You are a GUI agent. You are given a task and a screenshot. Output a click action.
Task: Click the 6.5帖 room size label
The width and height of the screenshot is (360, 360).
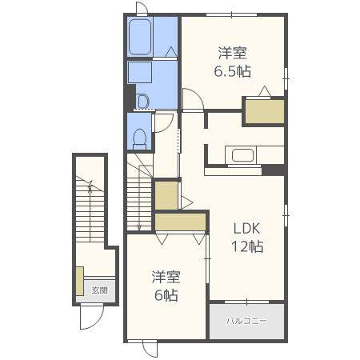click(x=233, y=71)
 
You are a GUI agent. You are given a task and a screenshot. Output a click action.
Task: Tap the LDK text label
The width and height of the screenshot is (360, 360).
click(x=246, y=228)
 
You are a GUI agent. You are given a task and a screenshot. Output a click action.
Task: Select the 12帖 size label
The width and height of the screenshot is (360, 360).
click(x=247, y=246)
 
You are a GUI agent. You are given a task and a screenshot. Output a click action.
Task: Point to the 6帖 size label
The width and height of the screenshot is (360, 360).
click(x=166, y=295)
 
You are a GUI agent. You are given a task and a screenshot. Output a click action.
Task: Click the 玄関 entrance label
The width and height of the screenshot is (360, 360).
click(x=99, y=290)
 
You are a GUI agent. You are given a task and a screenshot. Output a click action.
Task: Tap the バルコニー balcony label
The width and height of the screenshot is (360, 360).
click(x=246, y=321)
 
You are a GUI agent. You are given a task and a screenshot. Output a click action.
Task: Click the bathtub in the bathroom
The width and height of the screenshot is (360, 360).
click(x=140, y=37)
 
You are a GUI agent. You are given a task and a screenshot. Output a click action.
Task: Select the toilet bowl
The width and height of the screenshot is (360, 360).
click(x=139, y=139)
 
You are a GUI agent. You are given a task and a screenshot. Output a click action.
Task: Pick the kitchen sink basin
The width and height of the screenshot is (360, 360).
click(x=242, y=155)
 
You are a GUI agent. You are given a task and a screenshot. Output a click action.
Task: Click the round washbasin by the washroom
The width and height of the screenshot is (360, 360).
click(x=142, y=102)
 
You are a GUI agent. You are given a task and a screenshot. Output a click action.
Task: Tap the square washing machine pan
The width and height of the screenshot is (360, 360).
click(x=140, y=72)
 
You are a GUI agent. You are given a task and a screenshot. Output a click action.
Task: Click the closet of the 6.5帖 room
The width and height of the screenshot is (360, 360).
click(x=265, y=111)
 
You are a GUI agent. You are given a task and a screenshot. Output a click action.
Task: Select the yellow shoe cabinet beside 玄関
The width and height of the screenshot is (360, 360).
click(x=80, y=281)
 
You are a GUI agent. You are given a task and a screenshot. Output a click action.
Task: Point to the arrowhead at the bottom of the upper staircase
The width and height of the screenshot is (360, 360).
click(x=139, y=228)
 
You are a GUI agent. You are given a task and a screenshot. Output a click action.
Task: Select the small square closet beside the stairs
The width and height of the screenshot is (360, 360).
click(x=166, y=195)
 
